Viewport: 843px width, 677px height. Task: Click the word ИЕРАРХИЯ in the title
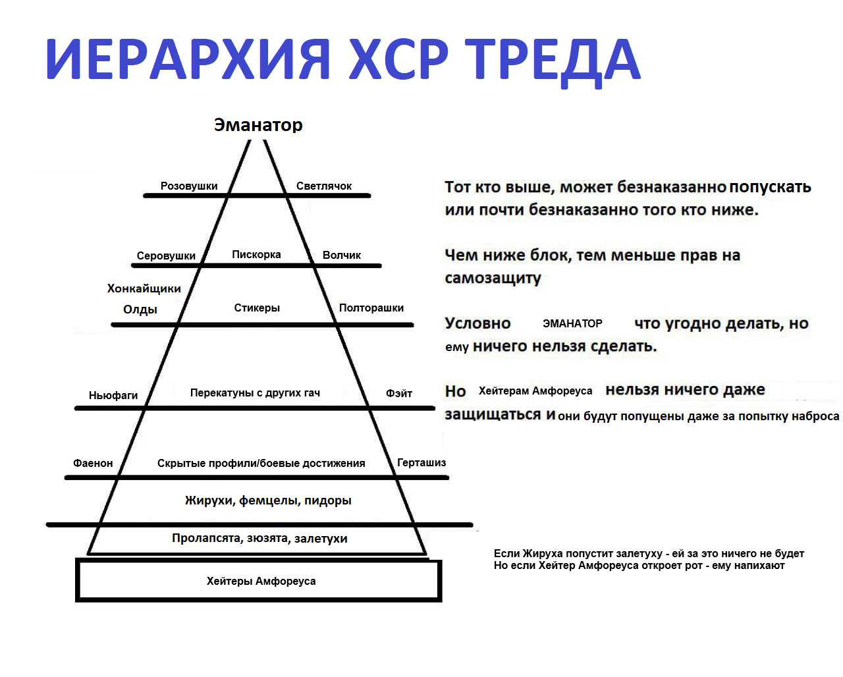tap(188, 59)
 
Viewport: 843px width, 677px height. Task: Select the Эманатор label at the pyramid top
tap(258, 125)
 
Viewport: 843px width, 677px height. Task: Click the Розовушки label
tap(189, 186)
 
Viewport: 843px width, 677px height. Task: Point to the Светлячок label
tap(323, 186)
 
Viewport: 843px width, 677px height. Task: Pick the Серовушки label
tap(166, 256)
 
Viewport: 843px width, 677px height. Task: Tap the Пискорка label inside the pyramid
tap(256, 255)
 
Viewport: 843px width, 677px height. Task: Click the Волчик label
tap(342, 256)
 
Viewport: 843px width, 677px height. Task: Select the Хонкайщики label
tap(144, 288)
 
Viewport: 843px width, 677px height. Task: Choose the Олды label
tap(140, 310)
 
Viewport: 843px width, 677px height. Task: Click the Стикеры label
tap(257, 308)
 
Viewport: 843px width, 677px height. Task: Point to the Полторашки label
tap(371, 308)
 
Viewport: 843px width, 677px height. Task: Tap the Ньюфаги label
tap(113, 395)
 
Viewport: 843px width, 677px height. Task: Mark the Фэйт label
tap(399, 393)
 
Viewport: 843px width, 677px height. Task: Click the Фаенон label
tap(93, 463)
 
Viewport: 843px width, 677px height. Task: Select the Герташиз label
tap(421, 463)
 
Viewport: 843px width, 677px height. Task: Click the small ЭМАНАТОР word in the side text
tap(572, 323)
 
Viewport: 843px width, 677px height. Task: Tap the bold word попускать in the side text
tap(770, 187)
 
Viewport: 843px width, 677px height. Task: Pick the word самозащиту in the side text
tap(493, 279)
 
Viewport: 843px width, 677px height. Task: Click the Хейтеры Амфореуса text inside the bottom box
tap(261, 581)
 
